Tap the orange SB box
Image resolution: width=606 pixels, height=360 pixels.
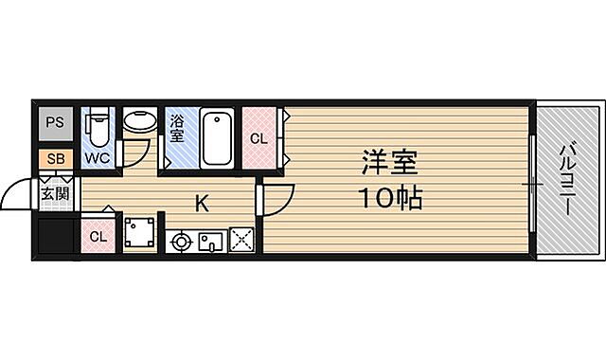(55, 158)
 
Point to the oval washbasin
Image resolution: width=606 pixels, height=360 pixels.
(140, 122)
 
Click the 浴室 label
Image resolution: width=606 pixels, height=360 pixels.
(177, 127)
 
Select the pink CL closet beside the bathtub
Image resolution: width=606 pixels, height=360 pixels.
(258, 136)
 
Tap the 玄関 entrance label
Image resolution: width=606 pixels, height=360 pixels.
(55, 195)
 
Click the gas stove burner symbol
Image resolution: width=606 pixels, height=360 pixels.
(180, 242)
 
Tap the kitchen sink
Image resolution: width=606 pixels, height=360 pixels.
(210, 242)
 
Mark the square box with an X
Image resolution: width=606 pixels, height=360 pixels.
(241, 241)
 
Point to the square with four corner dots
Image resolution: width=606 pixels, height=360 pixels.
(140, 232)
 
